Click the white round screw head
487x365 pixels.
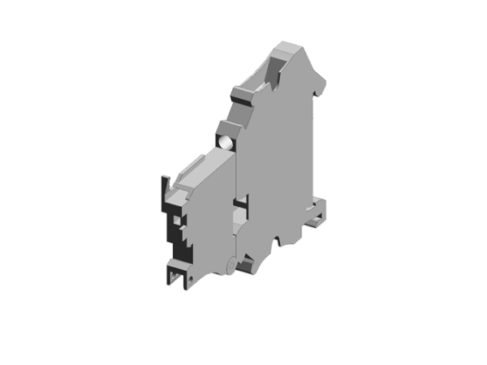(226, 144)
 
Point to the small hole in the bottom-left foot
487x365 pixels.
(191, 279)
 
